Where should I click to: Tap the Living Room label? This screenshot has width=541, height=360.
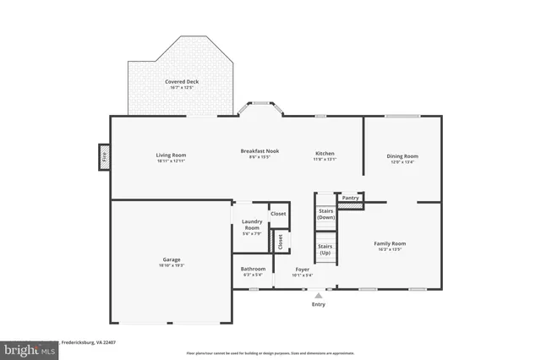click(171, 155)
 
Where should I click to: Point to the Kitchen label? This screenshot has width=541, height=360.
click(325, 153)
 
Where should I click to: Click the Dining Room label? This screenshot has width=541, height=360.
click(402, 155)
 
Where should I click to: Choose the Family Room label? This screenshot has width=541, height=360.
click(396, 243)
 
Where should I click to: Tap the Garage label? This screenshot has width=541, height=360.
click(172, 259)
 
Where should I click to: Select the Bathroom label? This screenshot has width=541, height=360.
click(254, 269)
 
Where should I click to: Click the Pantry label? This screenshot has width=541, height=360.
click(351, 197)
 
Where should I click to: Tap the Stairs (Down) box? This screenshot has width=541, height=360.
click(326, 214)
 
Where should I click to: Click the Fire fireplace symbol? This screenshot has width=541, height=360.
click(105, 156)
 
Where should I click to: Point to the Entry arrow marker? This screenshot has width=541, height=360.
click(318, 296)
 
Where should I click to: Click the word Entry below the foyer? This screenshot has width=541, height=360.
click(318, 304)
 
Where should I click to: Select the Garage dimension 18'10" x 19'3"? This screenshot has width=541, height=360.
click(172, 265)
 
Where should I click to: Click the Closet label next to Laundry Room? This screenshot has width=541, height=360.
click(278, 214)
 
